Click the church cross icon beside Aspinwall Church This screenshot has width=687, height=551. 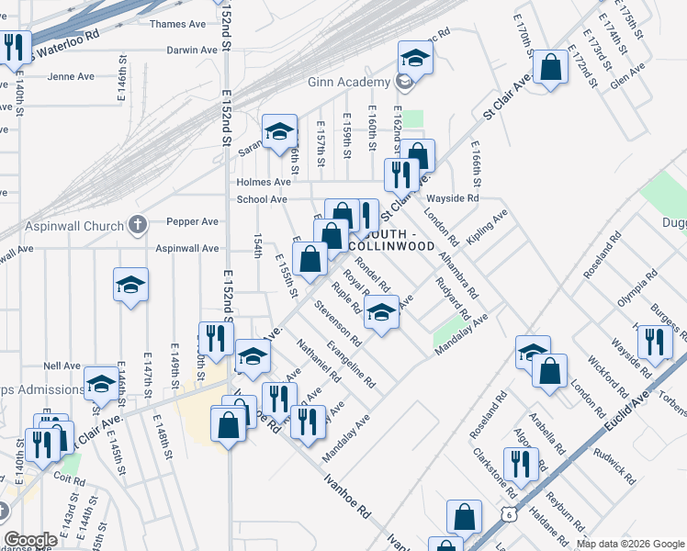coord(137,224)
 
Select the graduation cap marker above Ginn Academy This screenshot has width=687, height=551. coord(415,60)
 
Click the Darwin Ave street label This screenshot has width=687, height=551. coord(191,51)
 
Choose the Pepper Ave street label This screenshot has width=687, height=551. coord(192,221)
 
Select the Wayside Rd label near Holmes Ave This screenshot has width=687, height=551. coord(452,198)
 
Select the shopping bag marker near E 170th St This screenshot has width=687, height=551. coord(549,69)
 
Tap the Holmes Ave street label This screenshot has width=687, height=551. coord(263,182)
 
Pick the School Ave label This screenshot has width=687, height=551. coord(263,199)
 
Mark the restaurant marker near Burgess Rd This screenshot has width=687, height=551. coord(655,343)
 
